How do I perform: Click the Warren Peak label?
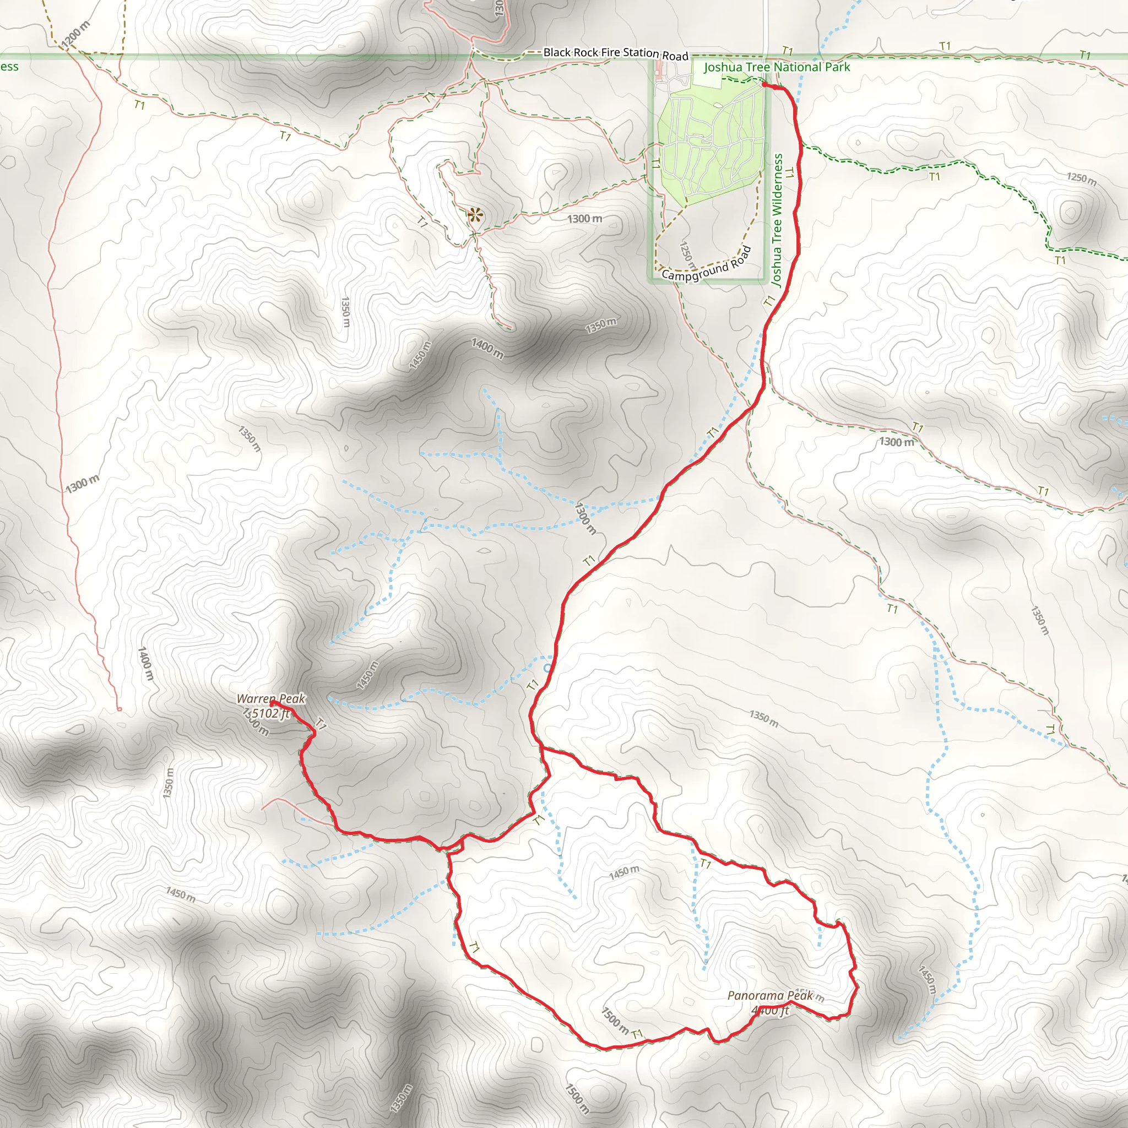pos(271,698)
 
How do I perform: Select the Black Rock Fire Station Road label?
pos(615,53)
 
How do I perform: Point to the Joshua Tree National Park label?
pos(777,67)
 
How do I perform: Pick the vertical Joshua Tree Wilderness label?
pos(777,220)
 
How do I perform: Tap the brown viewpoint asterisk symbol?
pos(475,215)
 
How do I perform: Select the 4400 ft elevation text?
pos(770,1010)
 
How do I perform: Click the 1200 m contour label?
pos(75,34)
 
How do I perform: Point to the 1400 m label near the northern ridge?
pos(487,349)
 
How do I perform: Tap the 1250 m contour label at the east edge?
pos(1081,178)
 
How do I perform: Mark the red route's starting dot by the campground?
pos(764,85)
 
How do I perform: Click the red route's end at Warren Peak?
pos(272,703)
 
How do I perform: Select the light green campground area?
pos(709,146)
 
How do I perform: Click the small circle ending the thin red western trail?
pos(119,709)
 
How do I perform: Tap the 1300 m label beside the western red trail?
pos(82,484)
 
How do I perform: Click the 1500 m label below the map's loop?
pos(576,1098)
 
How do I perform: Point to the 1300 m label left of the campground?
pos(584,219)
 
